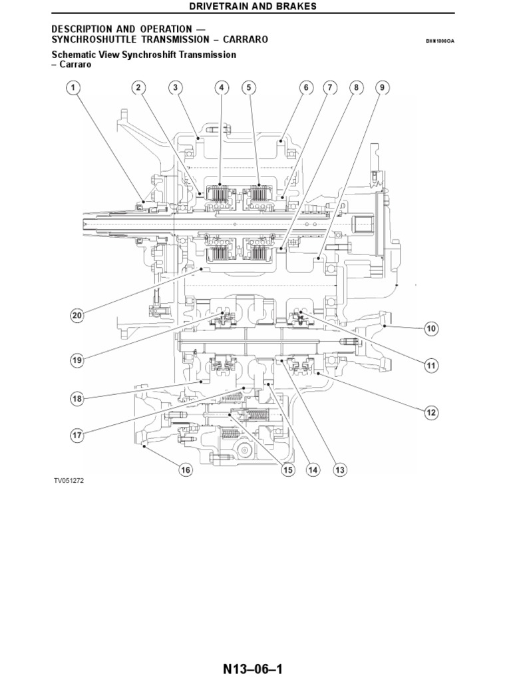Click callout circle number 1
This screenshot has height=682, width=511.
pyautogui.click(x=73, y=87)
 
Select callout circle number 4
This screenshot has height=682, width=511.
pyautogui.click(x=222, y=87)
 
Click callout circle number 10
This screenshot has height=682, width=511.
pyautogui.click(x=430, y=328)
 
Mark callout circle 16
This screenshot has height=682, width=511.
pyautogui.click(x=185, y=470)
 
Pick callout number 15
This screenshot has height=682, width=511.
pyautogui.click(x=287, y=470)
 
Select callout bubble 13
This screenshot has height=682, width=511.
pyautogui.click(x=339, y=470)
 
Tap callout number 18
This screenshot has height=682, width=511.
pyautogui.click(x=77, y=399)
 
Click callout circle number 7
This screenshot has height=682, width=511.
pyautogui.click(x=329, y=87)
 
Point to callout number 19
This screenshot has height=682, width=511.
pyautogui.click(x=77, y=360)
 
